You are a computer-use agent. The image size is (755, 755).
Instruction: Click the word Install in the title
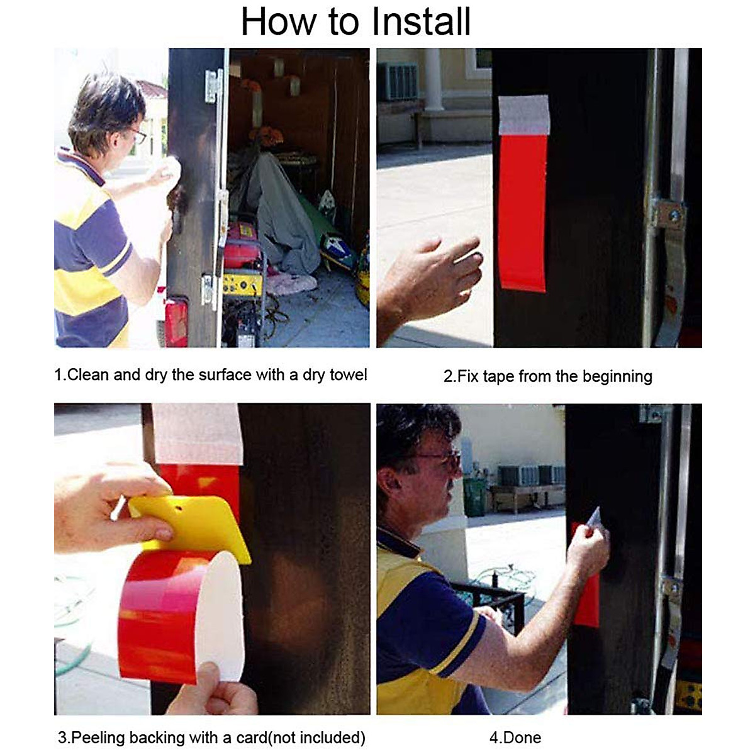coord(421,21)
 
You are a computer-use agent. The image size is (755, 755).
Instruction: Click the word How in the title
coord(279,21)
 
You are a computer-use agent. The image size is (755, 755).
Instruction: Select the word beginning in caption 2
coord(617,377)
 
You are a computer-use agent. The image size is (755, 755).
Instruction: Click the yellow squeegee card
coord(190,529)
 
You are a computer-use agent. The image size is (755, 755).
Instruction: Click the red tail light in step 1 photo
coord(176,322)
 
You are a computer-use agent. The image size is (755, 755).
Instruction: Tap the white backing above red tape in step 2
coord(524,115)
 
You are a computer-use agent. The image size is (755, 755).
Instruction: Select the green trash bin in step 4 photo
coord(474,497)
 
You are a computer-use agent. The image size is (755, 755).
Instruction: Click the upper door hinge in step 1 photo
coord(214,86)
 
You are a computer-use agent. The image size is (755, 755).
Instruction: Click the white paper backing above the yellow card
coord(198,434)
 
